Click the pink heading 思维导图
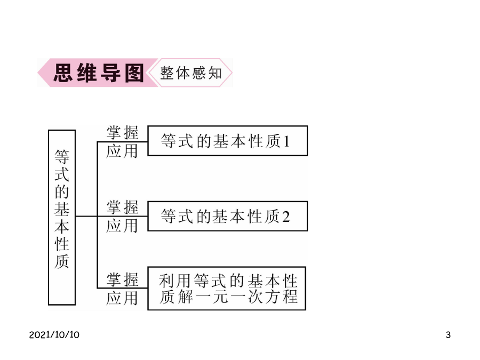pyautogui.click(x=99, y=73)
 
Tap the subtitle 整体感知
pyautogui.click(x=191, y=73)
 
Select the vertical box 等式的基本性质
pyautogui.click(x=62, y=218)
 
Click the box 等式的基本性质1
pyautogui.click(x=227, y=141)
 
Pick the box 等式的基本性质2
pyautogui.click(x=227, y=216)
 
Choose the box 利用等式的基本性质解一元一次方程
pyautogui.click(x=227, y=289)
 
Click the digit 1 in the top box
pyautogui.click(x=286, y=141)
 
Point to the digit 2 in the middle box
pyautogui.click(x=286, y=217)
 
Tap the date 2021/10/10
pyautogui.click(x=54, y=334)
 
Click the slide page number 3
pyautogui.click(x=448, y=334)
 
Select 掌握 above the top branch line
pyautogui.click(x=122, y=133)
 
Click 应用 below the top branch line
pyautogui.click(x=122, y=151)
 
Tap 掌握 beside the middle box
pyautogui.click(x=122, y=207)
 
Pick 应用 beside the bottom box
pyautogui.click(x=122, y=298)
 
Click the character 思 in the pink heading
pyautogui.click(x=63, y=73)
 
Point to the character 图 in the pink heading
pyautogui.click(x=134, y=73)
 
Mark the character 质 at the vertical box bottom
pyautogui.click(x=62, y=261)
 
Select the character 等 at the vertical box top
pyautogui.click(x=62, y=157)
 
